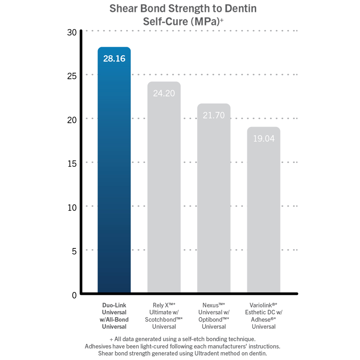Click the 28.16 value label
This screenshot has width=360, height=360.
pyautogui.click(x=114, y=59)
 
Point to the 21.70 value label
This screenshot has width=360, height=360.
pyautogui.click(x=214, y=116)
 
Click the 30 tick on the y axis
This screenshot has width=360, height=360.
pyautogui.click(x=72, y=32)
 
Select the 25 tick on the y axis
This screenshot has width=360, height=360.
pyautogui.click(x=72, y=76)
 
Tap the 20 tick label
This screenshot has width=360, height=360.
pyautogui.click(x=72, y=120)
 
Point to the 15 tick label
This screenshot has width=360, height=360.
pyautogui.click(x=72, y=163)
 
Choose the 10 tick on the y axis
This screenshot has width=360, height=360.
pyautogui.click(x=72, y=207)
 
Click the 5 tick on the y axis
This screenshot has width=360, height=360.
pyautogui.click(x=74, y=251)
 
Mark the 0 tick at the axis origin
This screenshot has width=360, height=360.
pyautogui.click(x=74, y=295)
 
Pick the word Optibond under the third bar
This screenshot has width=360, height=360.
pyautogui.click(x=212, y=319)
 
